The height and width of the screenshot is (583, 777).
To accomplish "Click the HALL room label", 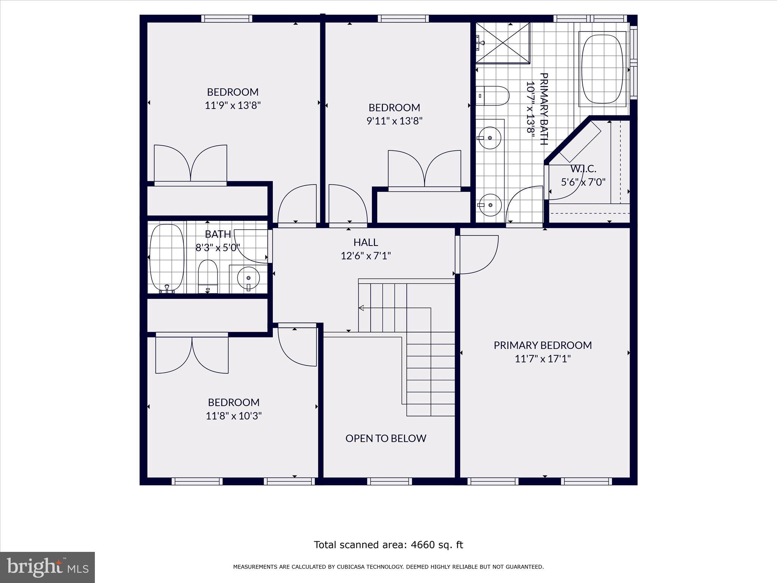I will (x=365, y=242).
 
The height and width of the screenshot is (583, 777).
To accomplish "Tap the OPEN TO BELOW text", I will (x=385, y=438).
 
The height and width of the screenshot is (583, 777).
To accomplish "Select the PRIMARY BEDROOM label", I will (x=543, y=345).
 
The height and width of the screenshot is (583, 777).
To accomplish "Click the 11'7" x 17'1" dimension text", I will (x=543, y=359).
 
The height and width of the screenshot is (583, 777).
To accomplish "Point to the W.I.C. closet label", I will (x=583, y=169).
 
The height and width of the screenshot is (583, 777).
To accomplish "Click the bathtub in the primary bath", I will (x=602, y=69).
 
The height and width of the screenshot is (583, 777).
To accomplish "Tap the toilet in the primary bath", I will (x=492, y=96).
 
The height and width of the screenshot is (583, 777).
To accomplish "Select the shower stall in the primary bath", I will (x=503, y=43).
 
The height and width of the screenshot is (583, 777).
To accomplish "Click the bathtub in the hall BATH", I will (x=167, y=258).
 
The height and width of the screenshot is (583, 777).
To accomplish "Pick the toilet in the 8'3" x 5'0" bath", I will (x=208, y=276).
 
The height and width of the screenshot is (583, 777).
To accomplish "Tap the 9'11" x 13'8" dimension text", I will (x=394, y=121).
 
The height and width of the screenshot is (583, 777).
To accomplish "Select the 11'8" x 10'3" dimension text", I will (x=234, y=416).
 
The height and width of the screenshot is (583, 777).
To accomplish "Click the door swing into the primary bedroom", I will (x=477, y=254).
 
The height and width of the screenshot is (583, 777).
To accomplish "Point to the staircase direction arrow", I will (x=362, y=308).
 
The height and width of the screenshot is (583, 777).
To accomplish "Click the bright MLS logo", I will (x=47, y=567).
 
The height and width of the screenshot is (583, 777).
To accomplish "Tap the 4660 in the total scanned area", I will (x=422, y=545).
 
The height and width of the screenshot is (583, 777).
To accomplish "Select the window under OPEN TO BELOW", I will (x=389, y=481).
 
